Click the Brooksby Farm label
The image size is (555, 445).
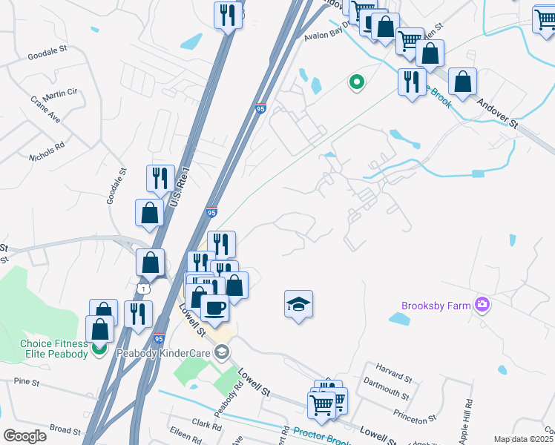(x=436, y=306)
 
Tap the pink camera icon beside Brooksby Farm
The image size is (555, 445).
(x=482, y=304)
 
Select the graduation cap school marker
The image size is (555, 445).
(x=298, y=304)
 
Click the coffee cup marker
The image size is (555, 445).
(x=214, y=307)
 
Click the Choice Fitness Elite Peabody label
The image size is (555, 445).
(x=54, y=348)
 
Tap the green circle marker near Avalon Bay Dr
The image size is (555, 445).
(x=356, y=82)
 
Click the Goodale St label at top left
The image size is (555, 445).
(x=47, y=54)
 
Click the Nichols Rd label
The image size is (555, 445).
(x=47, y=143)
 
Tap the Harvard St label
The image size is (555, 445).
(x=393, y=368)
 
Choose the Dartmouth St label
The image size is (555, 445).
(x=386, y=386)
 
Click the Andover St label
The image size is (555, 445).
(x=496, y=114)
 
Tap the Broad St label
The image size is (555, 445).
(x=65, y=429)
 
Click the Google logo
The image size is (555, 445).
(x=24, y=436)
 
